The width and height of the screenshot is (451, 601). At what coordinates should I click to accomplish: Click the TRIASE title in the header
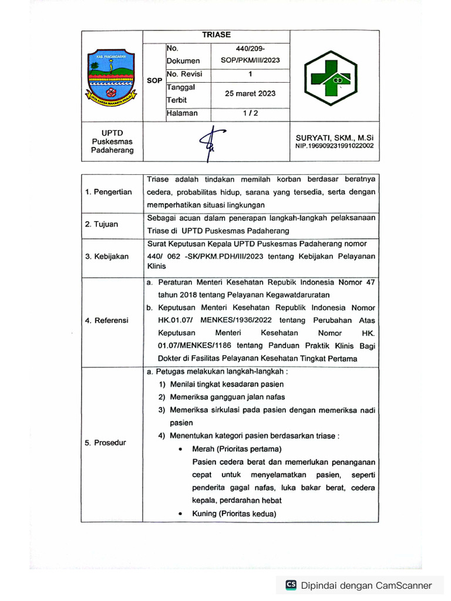click(216, 35)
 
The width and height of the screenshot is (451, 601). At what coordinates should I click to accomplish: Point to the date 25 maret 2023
click(250, 93)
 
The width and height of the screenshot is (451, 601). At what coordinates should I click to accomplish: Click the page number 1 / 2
click(250, 113)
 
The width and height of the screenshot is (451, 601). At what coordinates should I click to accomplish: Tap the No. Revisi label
click(184, 74)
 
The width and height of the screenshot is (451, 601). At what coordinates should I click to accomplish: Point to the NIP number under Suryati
click(334, 146)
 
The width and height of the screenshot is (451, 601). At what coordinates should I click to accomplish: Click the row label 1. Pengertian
click(109, 192)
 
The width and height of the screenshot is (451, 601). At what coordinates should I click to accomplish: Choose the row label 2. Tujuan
click(102, 224)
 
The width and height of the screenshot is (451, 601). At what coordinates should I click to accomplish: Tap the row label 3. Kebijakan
click(107, 256)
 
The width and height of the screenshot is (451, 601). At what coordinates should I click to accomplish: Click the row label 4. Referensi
click(107, 320)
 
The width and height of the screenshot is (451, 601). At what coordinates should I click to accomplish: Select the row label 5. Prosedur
click(106, 443)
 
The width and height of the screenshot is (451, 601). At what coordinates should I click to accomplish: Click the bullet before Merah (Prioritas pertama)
click(180, 449)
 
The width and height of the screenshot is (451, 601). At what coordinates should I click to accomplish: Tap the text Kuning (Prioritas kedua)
click(234, 514)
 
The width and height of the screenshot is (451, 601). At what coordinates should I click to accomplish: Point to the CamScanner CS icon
click(291, 585)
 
